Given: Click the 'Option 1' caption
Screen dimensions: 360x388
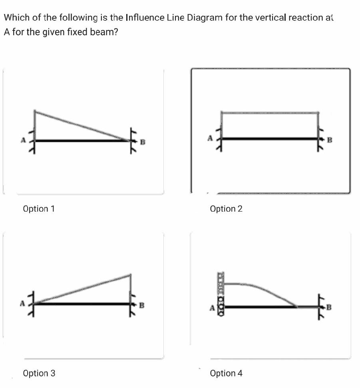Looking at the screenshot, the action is click(x=39, y=209).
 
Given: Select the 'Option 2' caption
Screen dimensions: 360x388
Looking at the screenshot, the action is click(x=226, y=209).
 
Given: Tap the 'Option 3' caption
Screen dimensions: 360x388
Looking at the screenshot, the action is click(x=39, y=373).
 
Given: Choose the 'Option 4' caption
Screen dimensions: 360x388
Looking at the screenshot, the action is click(x=226, y=373).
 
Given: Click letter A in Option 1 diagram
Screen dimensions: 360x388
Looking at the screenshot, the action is click(x=23, y=140).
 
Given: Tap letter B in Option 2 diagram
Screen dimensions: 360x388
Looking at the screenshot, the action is click(x=330, y=140).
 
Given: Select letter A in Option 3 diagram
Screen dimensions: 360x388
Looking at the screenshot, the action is click(x=23, y=303).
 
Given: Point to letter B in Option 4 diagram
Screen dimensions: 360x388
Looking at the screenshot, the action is click(x=329, y=307).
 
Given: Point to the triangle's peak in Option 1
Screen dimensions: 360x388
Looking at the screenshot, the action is click(x=35, y=111).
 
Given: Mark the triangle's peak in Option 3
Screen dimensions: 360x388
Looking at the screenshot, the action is click(x=130, y=275).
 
